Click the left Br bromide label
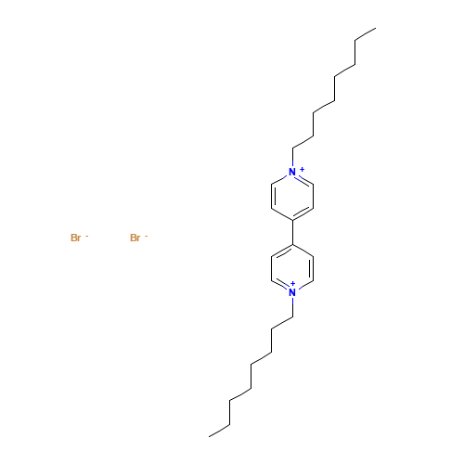76,238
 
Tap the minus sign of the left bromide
86,236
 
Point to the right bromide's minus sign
146,236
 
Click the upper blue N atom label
292,172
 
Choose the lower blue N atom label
292,292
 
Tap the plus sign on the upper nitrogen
301,168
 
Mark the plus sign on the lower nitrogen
293,283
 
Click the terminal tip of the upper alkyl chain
374,29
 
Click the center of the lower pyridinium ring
292,269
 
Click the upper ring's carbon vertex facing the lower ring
292,219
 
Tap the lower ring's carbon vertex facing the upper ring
292,245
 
